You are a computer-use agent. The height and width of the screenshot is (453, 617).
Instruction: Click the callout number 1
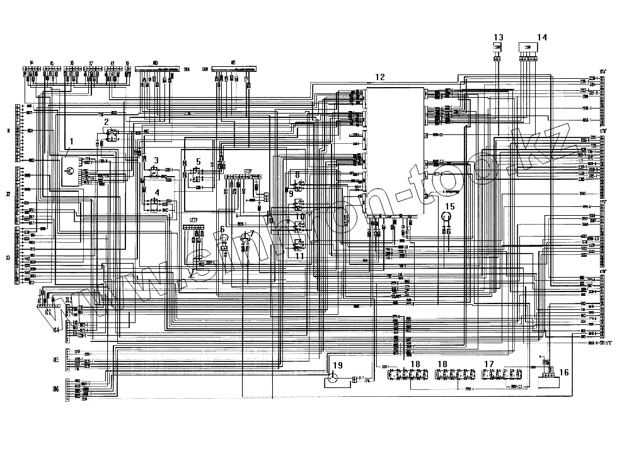(x=72, y=142)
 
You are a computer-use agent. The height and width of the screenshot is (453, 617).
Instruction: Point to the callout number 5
(x=197, y=162)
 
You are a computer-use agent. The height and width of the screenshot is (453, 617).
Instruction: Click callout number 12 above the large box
(x=379, y=77)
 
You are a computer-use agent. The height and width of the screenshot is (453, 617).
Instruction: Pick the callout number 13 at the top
(x=498, y=37)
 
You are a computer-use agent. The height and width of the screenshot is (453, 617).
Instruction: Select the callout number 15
(x=450, y=206)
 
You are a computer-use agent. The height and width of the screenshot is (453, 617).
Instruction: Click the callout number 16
(x=564, y=372)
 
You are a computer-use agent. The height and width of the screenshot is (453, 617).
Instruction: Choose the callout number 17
(x=489, y=364)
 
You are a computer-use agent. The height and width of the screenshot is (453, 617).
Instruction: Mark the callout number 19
(x=338, y=365)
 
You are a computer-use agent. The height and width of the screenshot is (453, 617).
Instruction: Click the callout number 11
(x=300, y=256)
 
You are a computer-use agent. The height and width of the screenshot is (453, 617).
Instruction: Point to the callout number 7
(x=252, y=233)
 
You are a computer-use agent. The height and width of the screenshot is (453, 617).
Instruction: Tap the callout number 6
(x=222, y=229)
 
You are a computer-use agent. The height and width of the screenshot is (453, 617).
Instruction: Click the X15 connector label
(x=55, y=360)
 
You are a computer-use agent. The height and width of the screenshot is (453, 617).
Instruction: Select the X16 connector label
(x=55, y=389)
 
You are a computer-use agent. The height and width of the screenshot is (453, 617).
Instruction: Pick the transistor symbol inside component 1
(x=71, y=170)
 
